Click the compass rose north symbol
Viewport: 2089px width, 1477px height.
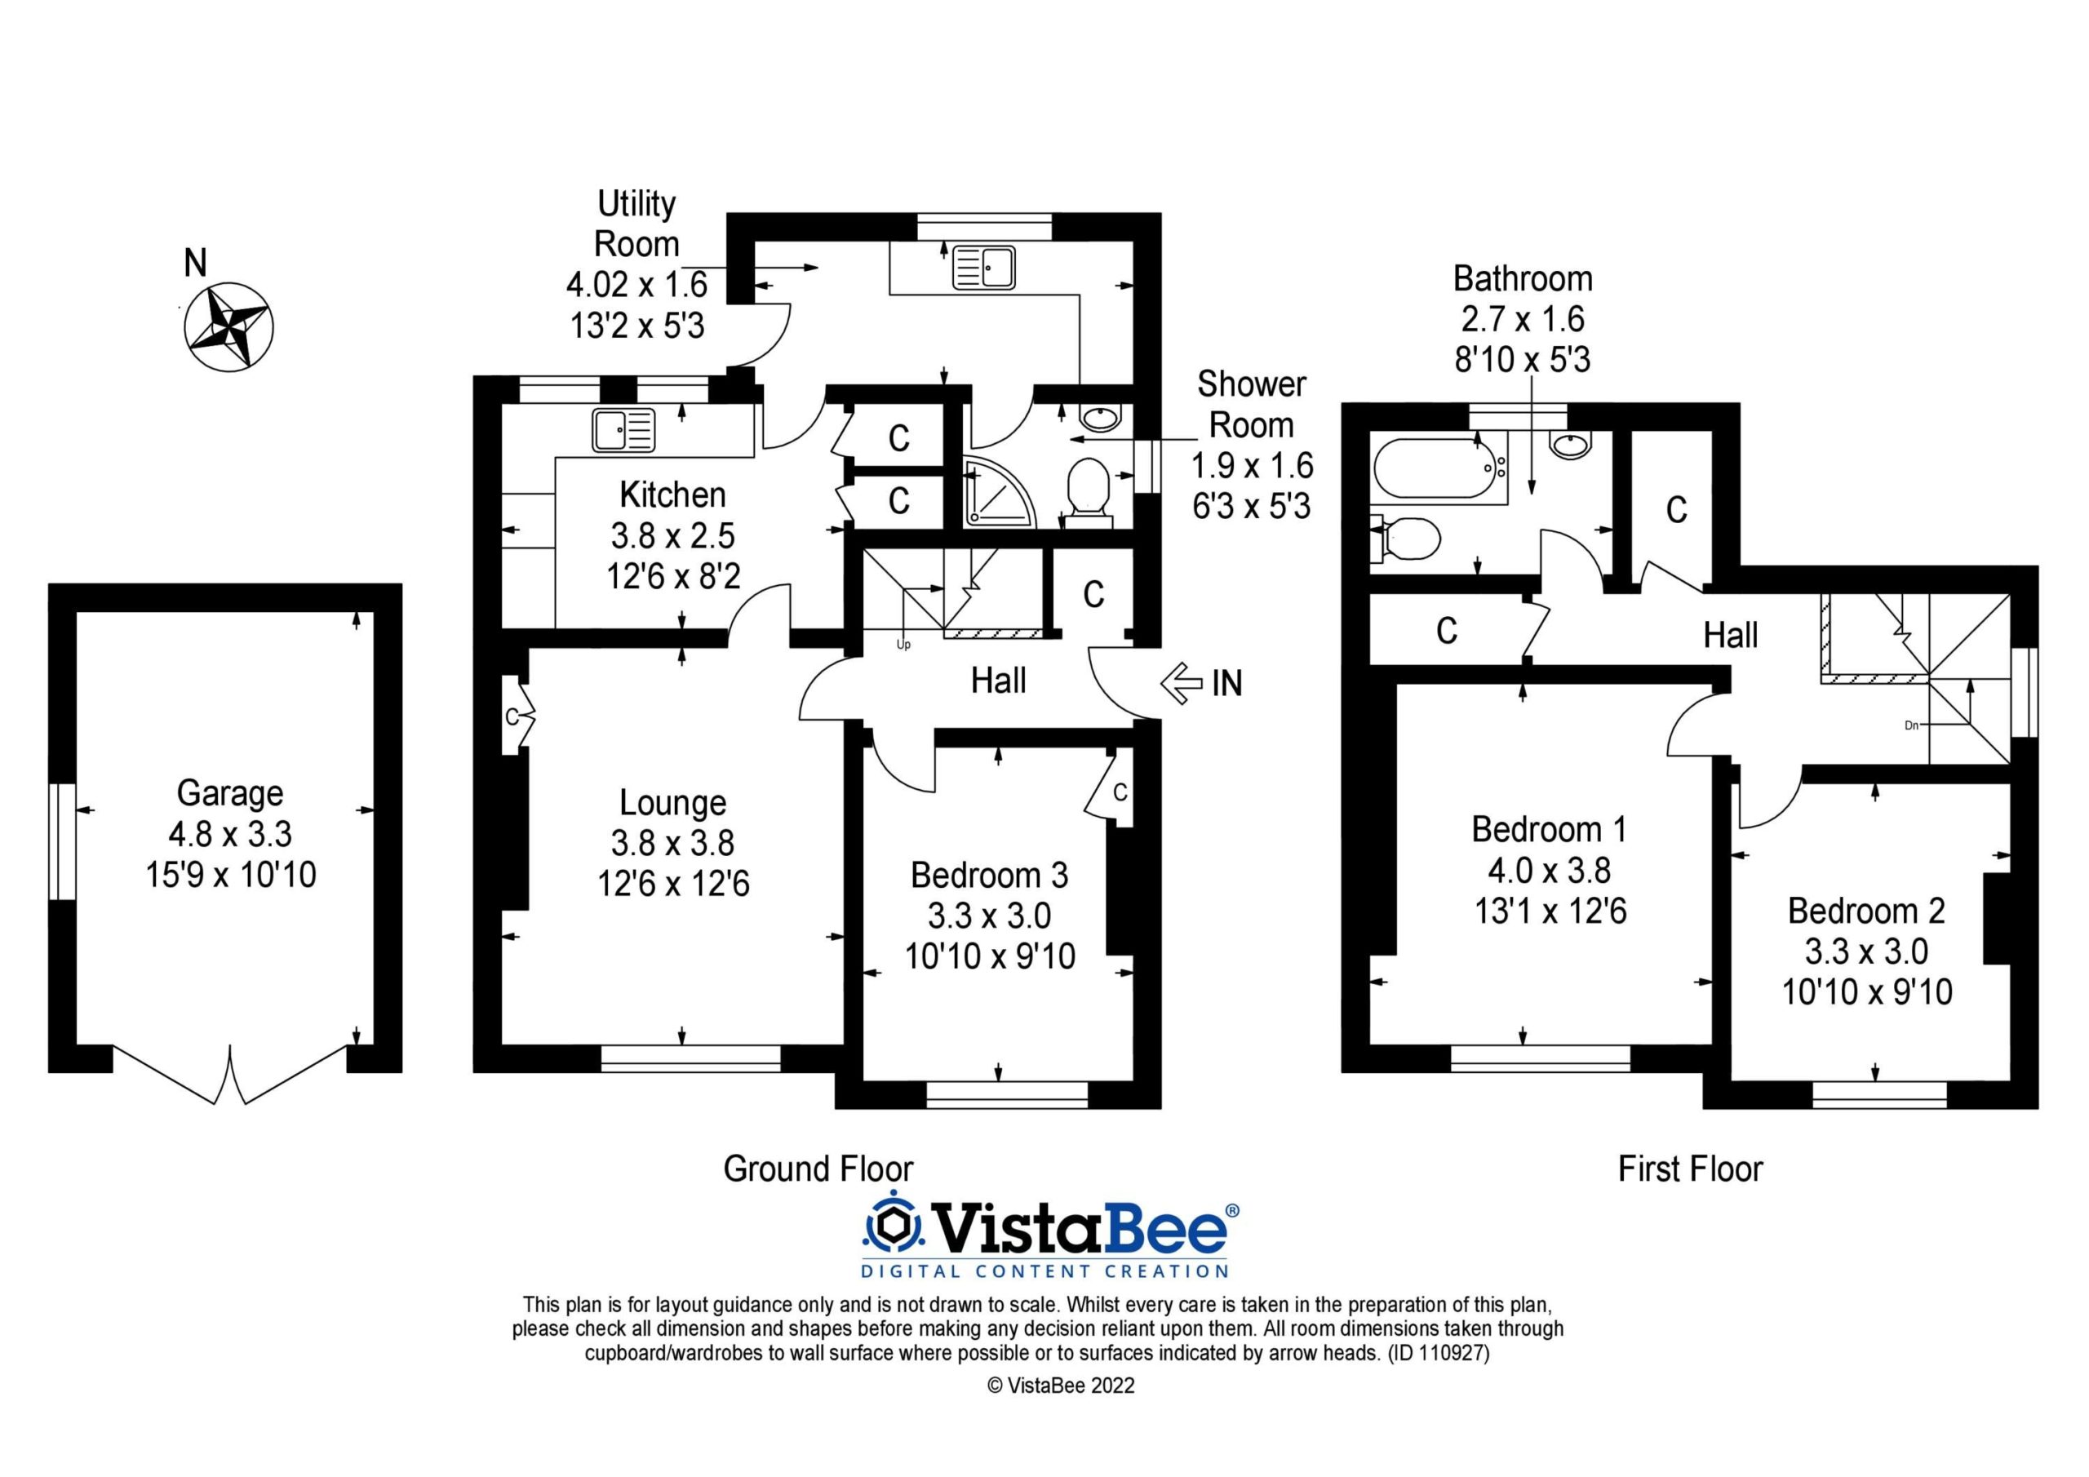228,326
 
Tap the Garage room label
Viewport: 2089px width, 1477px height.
230,792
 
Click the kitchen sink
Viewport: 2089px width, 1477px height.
623,429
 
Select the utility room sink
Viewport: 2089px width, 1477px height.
983,268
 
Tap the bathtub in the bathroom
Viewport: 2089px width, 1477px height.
1439,468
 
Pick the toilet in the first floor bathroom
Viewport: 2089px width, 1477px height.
1405,539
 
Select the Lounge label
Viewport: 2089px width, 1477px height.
673,803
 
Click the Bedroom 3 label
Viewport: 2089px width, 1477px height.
989,875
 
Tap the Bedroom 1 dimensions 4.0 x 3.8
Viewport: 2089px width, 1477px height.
1550,870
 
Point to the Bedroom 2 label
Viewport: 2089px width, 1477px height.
1866,910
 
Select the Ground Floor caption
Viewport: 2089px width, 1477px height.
818,1169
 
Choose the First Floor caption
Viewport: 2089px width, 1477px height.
1691,1169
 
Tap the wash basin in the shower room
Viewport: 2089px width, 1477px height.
1102,418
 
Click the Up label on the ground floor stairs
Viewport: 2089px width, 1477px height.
903,645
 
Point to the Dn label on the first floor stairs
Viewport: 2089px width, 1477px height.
1912,725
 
